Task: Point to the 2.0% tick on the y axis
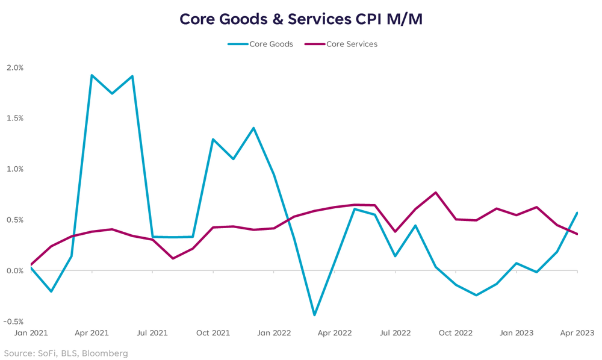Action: click(14, 67)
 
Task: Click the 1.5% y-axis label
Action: click(14, 118)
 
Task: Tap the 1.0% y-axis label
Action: click(14, 169)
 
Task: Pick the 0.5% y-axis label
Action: click(14, 220)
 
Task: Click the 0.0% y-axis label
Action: click(14, 271)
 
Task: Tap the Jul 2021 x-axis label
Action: click(152, 332)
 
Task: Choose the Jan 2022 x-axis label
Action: click(274, 332)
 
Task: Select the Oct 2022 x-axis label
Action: click(456, 332)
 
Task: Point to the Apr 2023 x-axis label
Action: click(577, 332)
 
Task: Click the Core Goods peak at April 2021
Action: click(92, 75)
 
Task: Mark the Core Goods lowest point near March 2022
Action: click(314, 315)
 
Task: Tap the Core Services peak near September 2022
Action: click(436, 193)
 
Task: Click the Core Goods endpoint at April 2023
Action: click(577, 213)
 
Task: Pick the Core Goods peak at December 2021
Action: click(253, 128)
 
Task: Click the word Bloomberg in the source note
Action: click(106, 353)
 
